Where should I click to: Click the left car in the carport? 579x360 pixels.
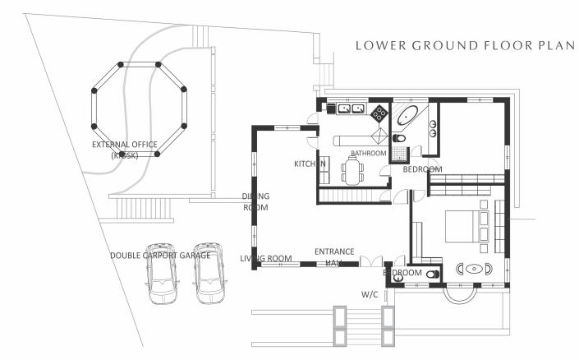pyautogui.click(x=160, y=272)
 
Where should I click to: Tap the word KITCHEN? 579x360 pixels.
pyautogui.click(x=310, y=164)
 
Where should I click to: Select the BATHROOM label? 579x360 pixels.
pyautogui.click(x=368, y=154)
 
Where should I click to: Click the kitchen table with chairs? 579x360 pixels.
pyautogui.click(x=354, y=172)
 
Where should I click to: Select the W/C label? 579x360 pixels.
pyautogui.click(x=370, y=293)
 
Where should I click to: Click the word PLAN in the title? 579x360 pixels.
pyautogui.click(x=552, y=45)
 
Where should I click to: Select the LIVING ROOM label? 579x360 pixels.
pyautogui.click(x=266, y=259)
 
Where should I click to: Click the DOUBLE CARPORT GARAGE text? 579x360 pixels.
pyautogui.click(x=160, y=256)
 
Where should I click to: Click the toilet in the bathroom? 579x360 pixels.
pyautogui.click(x=400, y=136)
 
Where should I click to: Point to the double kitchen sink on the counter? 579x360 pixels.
pyautogui.click(x=352, y=108)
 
